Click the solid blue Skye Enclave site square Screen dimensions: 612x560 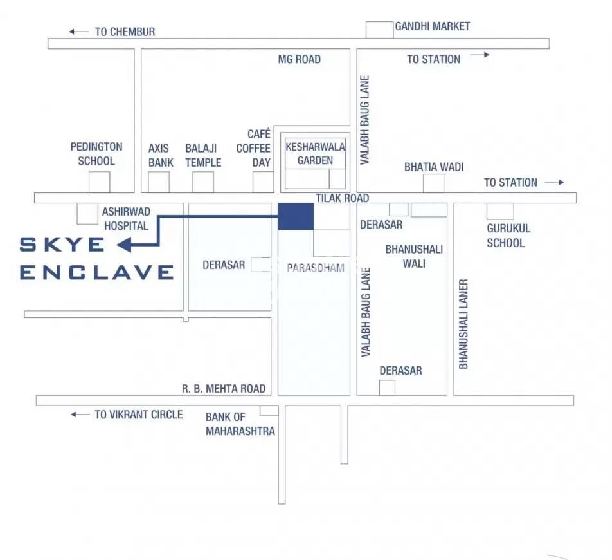point(296,216)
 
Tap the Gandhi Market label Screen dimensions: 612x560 point(432,26)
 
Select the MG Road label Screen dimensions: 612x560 point(299,59)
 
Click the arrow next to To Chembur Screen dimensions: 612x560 point(79,32)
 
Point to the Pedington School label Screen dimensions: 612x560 point(96,154)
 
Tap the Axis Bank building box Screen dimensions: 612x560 point(158,182)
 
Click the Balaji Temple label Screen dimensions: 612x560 point(203,155)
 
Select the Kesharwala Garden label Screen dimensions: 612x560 point(315,153)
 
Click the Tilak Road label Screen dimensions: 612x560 point(342,198)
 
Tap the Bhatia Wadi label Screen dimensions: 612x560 point(434,167)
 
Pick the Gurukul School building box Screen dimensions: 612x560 point(500,211)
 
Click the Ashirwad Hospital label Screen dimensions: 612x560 point(125,218)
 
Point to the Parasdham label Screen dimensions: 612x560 point(316,268)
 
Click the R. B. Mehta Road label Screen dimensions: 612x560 point(223,389)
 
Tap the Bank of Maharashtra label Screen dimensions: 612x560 point(240,424)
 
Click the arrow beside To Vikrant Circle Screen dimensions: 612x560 point(80,415)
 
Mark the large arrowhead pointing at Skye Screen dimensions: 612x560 point(125,245)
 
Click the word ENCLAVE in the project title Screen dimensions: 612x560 point(97,272)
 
